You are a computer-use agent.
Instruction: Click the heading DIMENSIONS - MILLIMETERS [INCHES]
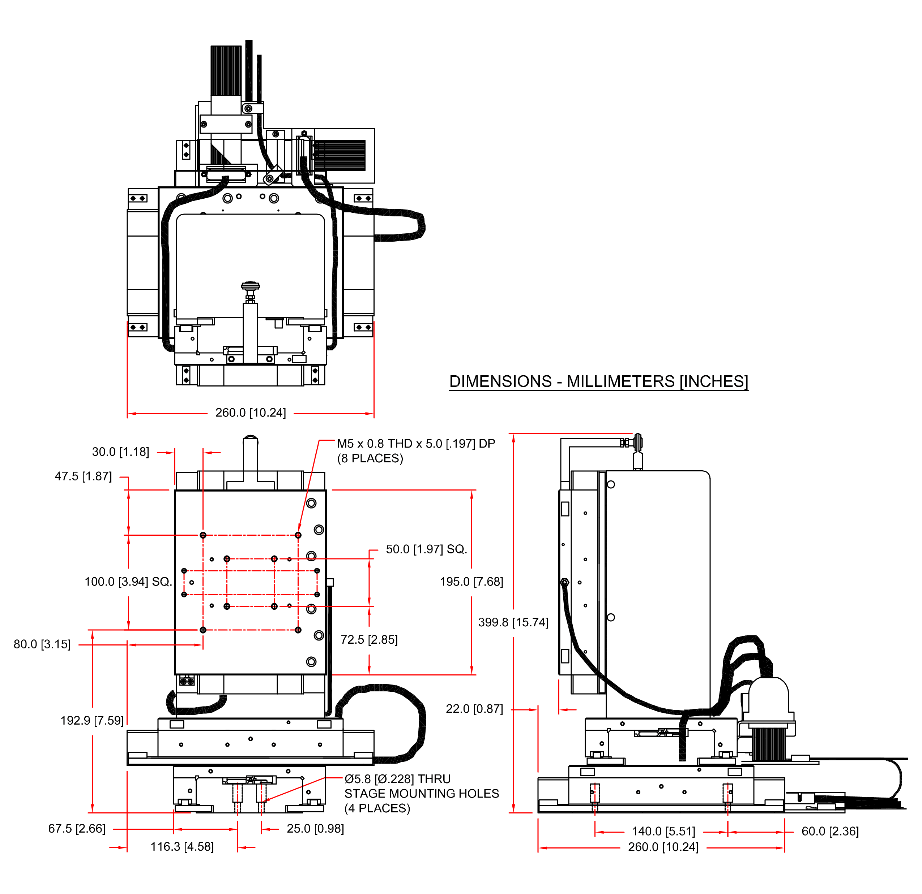click(598, 381)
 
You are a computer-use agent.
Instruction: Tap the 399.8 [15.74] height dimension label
click(513, 622)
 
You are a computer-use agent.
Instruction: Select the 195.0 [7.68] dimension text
click(471, 582)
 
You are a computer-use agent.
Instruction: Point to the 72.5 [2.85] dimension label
click(369, 640)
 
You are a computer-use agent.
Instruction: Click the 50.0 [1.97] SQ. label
click(426, 549)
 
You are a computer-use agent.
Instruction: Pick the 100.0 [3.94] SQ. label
click(128, 582)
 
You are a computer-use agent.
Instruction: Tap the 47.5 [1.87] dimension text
click(83, 476)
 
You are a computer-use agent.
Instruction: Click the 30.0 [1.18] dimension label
click(120, 452)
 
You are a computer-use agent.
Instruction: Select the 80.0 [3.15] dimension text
click(42, 644)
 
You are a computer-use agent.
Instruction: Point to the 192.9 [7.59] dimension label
click(92, 721)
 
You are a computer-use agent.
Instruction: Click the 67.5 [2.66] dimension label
click(77, 829)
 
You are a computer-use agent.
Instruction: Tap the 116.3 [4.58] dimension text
click(182, 847)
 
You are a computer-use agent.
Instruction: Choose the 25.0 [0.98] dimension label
click(315, 829)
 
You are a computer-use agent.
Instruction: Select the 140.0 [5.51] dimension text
click(663, 832)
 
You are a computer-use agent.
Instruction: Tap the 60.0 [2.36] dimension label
click(830, 832)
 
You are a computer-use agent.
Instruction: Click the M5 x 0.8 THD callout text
click(416, 444)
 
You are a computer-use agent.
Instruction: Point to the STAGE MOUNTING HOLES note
click(422, 794)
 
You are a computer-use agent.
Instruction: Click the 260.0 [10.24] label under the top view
click(250, 413)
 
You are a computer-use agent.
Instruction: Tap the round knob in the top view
click(250, 285)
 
